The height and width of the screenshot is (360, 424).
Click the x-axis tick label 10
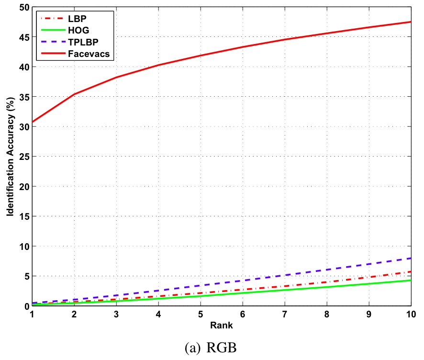[x=411, y=314]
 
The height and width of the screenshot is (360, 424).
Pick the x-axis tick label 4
[x=158, y=314]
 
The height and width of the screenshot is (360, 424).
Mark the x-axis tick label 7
[x=285, y=314]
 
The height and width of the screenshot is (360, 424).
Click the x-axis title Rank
[x=221, y=326]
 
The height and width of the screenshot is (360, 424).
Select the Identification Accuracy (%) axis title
[x=10, y=157]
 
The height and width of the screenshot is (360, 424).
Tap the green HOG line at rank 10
[x=410, y=280]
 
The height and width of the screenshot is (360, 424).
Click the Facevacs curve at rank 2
[x=74, y=94]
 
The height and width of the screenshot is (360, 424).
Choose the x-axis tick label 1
[x=32, y=314]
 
